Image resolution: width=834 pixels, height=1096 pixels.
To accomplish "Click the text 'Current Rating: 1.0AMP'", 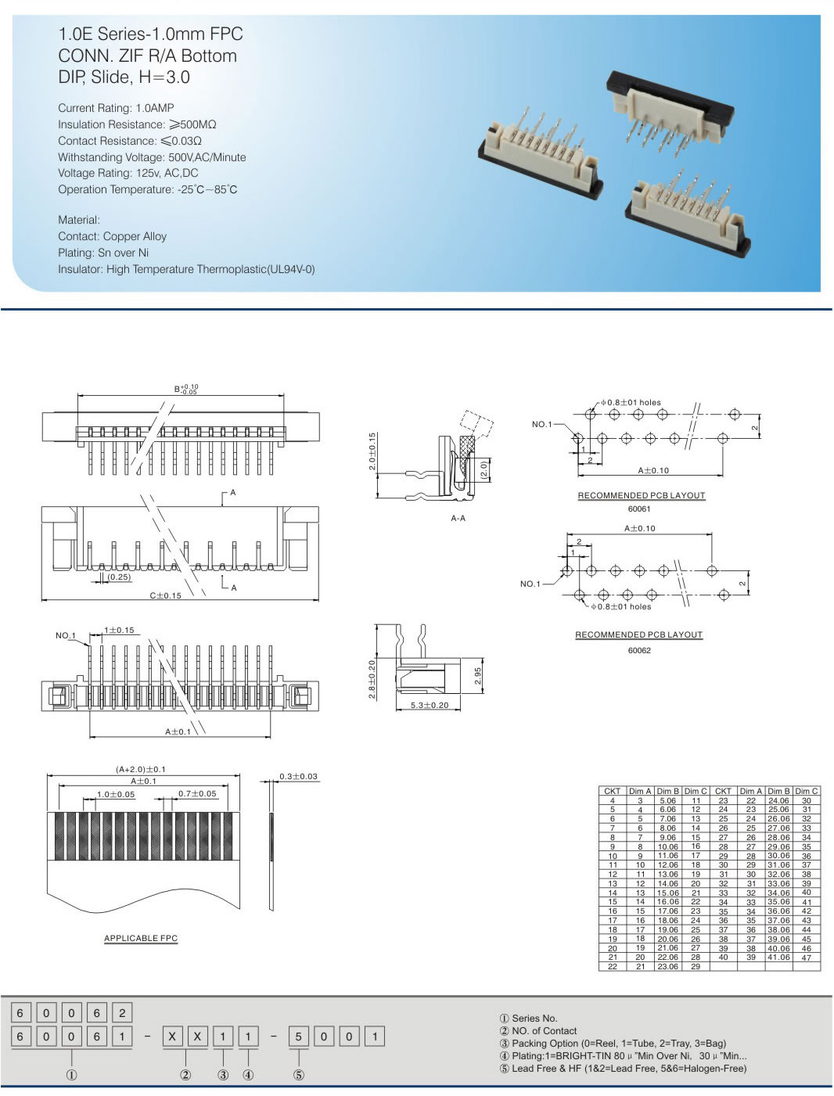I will point(116,108).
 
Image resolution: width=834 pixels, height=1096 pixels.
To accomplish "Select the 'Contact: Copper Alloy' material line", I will point(112,236).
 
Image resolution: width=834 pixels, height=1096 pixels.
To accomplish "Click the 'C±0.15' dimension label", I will point(165,595).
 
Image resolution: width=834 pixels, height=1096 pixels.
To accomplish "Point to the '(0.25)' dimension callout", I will point(119,577).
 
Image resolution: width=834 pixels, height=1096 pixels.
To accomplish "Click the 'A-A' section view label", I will point(458,518).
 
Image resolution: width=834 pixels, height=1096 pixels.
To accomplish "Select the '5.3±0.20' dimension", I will point(430,706).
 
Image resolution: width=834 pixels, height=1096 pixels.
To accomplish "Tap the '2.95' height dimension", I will point(478,676).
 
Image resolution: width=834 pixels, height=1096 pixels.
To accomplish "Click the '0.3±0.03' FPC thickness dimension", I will point(299,776).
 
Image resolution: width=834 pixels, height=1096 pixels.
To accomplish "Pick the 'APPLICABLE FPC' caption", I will point(141,938).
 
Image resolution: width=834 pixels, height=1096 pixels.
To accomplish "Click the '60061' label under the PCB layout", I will point(639,508).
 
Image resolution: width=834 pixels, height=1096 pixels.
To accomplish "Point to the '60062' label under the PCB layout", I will point(639,650).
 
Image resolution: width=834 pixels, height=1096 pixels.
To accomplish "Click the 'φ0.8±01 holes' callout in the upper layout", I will point(631,402).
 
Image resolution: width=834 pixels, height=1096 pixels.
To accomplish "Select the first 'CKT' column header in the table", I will point(612,791).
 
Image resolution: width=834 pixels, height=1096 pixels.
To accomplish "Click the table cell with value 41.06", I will point(778,957).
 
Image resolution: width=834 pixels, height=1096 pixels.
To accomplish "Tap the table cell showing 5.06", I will point(667,800).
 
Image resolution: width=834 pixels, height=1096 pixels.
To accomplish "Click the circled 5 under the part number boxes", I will point(298,1075).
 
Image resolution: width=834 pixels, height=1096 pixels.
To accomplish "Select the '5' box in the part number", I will point(298,1037).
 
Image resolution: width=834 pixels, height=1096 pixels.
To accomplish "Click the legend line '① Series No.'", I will point(528,1018).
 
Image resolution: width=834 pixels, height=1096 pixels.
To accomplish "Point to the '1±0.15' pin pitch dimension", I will point(119,630).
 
